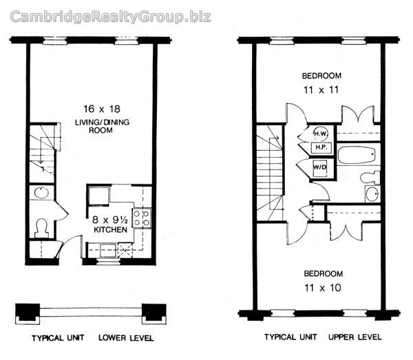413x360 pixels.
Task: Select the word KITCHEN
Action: click(x=111, y=229)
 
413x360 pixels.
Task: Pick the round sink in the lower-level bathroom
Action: click(x=40, y=192)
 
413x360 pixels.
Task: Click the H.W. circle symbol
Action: click(x=320, y=132)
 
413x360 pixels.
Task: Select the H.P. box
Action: click(x=321, y=147)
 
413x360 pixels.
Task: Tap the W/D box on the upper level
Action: click(x=320, y=166)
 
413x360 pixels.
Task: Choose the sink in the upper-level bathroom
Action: click(x=372, y=193)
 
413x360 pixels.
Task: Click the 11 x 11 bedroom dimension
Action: click(x=321, y=89)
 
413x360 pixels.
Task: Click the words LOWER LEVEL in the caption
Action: click(x=126, y=339)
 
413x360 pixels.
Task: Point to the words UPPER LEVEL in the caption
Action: click(x=354, y=338)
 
